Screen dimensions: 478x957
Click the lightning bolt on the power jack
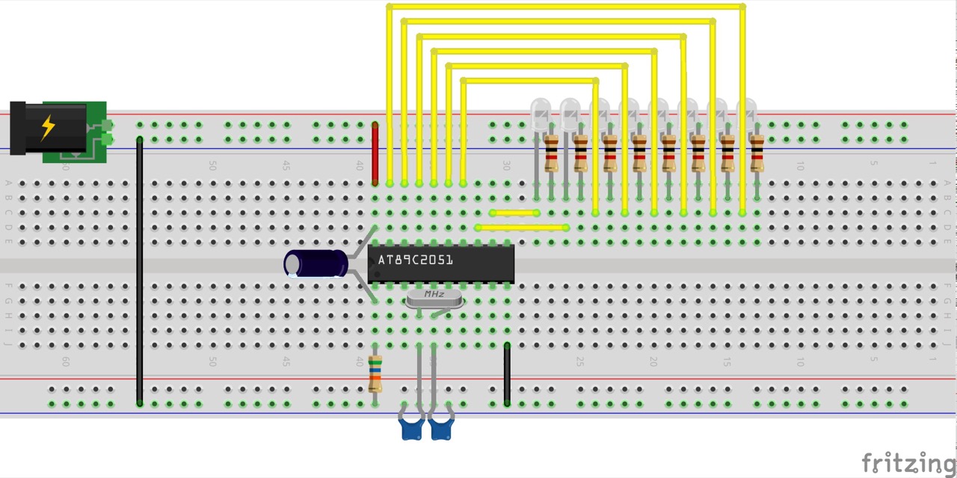pyautogui.click(x=48, y=127)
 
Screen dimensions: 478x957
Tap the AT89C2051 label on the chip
pyautogui.click(x=415, y=260)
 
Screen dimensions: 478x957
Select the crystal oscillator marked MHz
pyautogui.click(x=434, y=298)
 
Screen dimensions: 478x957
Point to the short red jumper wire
pyautogui.click(x=375, y=153)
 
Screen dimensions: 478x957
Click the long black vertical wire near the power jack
pyautogui.click(x=140, y=269)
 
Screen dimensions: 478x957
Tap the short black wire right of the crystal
pyautogui.click(x=507, y=374)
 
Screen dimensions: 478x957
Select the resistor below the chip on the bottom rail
pyautogui.click(x=375, y=374)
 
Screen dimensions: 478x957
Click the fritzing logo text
pyautogui.click(x=908, y=463)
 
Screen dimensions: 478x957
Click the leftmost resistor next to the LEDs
pyautogui.click(x=551, y=153)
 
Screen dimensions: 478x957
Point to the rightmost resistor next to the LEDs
pyautogui.click(x=757, y=153)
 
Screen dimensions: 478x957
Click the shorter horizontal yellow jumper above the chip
pyautogui.click(x=514, y=213)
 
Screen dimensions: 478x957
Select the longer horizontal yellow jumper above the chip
pyautogui.click(x=522, y=227)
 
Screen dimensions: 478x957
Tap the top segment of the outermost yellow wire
pyautogui.click(x=565, y=7)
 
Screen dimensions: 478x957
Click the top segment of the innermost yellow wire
pyautogui.click(x=529, y=80)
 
